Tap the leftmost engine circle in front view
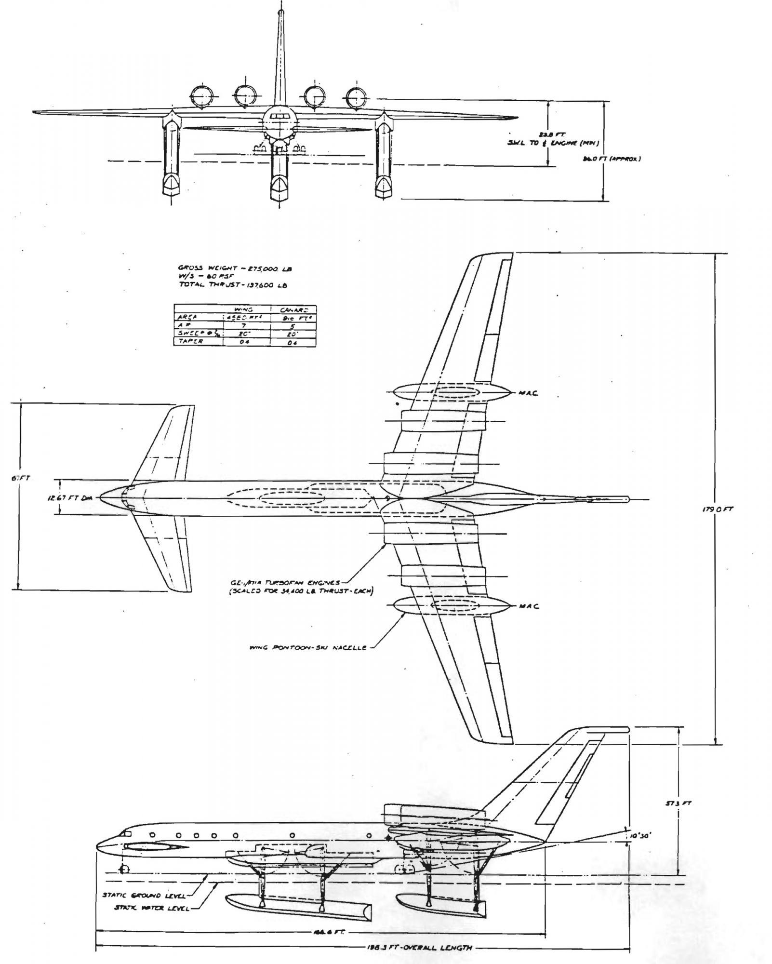(201, 96)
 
